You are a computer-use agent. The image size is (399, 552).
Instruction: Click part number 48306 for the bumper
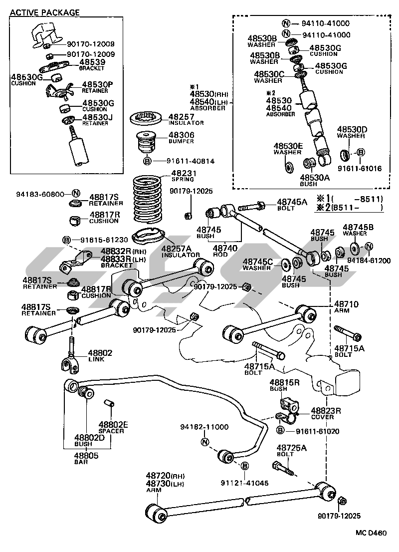(181, 135)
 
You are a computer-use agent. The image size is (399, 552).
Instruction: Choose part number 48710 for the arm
(346, 304)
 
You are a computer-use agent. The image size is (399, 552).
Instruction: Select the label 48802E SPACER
(113, 424)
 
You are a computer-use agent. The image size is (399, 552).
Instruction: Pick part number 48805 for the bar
(86, 455)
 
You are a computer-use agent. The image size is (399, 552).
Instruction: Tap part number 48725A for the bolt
(292, 448)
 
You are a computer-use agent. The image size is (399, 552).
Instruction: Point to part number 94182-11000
(204, 427)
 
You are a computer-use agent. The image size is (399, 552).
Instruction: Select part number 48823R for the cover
(326, 410)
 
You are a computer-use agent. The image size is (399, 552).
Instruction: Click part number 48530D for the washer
(352, 129)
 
